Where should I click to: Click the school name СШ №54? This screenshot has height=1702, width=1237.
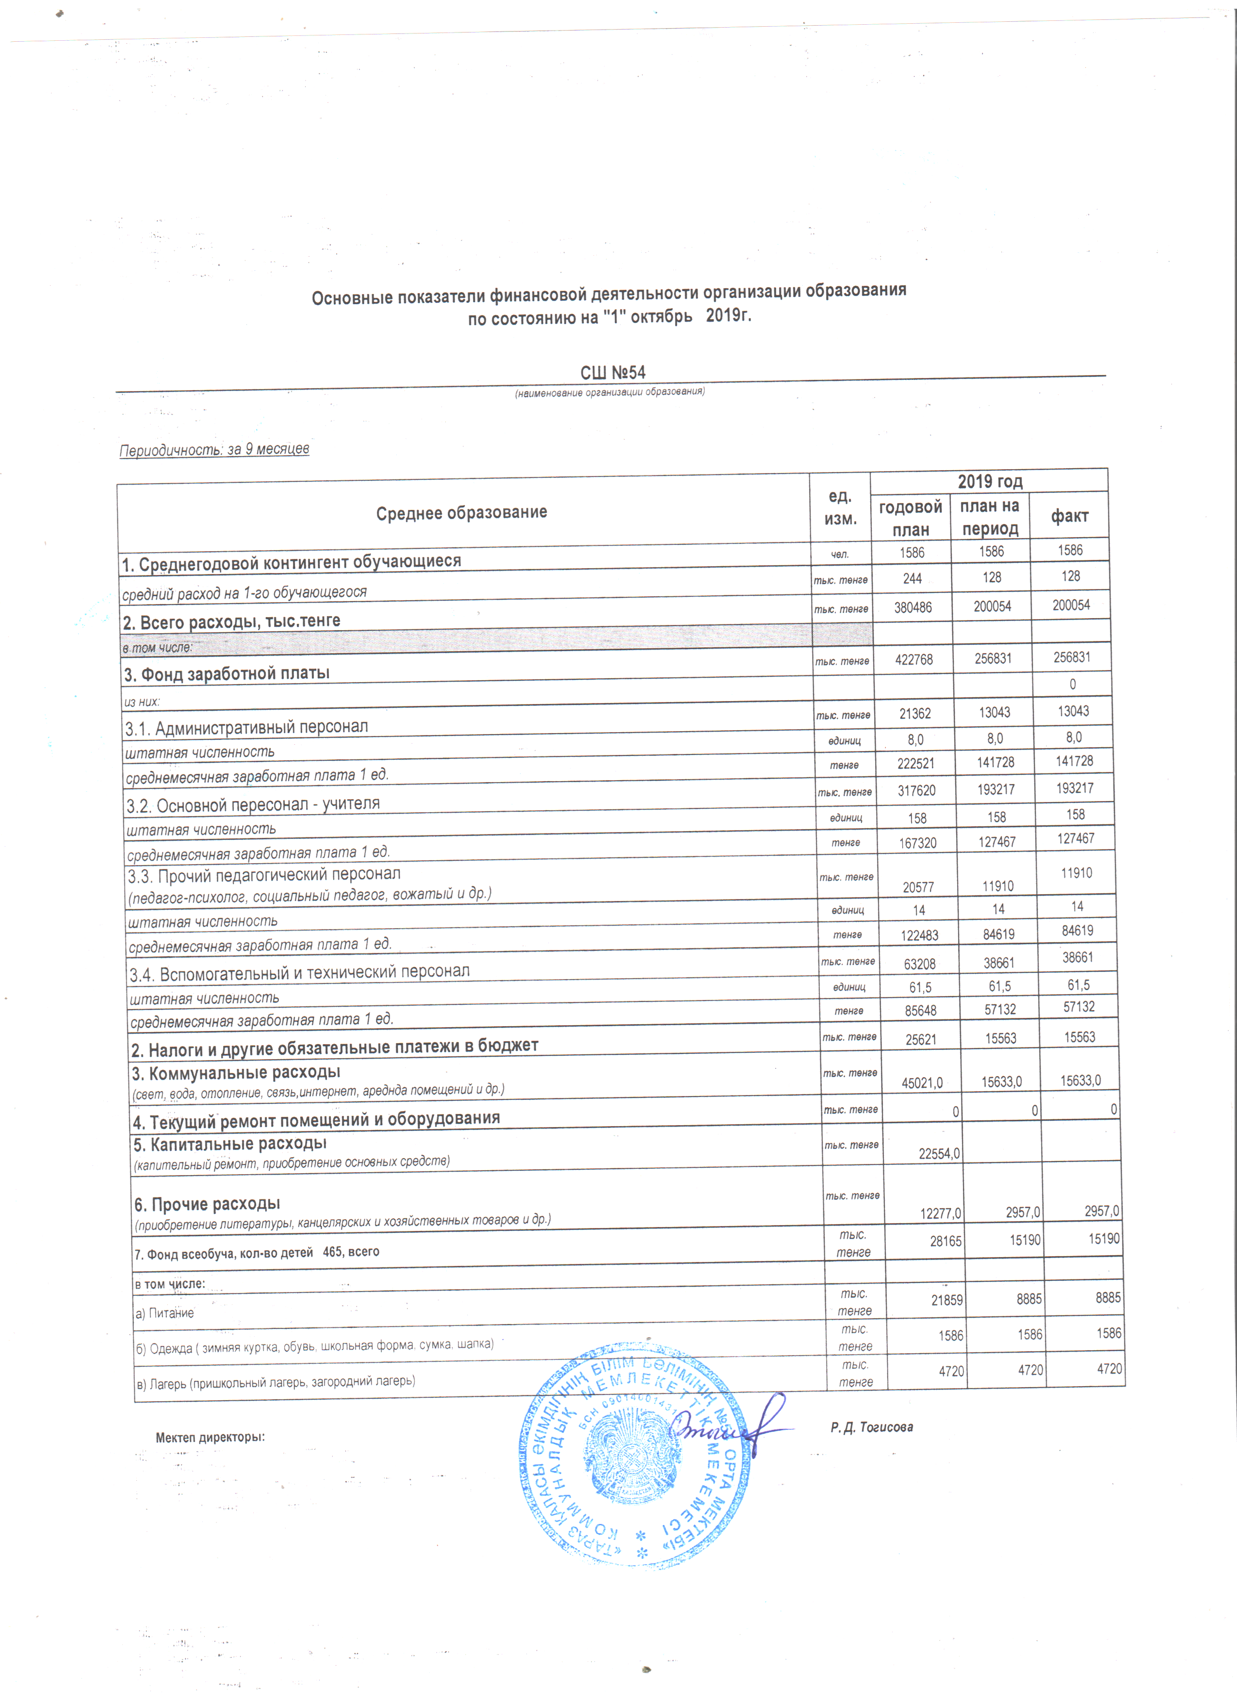pos(613,373)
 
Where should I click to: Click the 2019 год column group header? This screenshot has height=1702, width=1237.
pos(990,481)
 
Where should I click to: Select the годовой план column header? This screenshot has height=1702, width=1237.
pos(910,518)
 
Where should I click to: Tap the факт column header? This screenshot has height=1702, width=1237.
pos(1069,516)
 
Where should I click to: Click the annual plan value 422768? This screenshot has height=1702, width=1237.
pos(914,660)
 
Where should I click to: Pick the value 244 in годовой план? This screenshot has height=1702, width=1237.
pos(912,579)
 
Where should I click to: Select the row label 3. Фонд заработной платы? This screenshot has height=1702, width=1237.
pos(227,673)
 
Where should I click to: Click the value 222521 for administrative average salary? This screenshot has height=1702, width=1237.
pos(916,764)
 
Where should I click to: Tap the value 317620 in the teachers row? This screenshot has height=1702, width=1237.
pos(917,791)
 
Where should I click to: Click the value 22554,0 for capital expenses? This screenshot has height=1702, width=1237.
pos(939,1153)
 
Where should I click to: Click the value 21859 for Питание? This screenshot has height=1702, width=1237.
pos(947,1300)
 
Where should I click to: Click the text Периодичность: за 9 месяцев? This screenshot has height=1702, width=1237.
pos(214,449)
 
